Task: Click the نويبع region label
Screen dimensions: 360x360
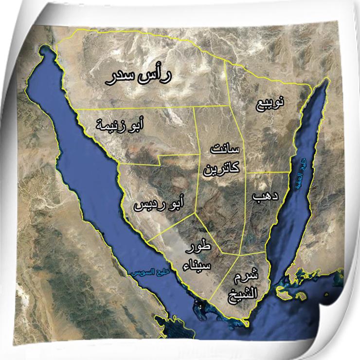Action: [270, 104]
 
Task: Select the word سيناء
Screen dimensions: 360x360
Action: [197, 265]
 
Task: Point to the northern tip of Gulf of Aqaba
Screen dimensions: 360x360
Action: [325, 82]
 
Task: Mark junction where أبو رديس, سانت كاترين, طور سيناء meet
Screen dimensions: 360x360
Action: [195, 213]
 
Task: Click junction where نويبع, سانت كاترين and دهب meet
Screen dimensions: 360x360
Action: [246, 173]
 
